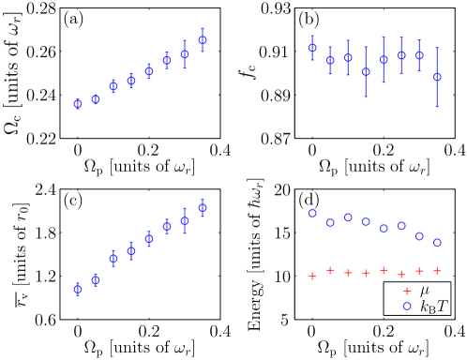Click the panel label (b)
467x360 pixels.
(309, 19)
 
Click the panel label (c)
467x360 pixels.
(73, 200)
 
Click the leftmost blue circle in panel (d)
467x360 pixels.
(312, 214)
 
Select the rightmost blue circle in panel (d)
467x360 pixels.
(437, 243)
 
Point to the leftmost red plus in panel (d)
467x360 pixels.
(312, 276)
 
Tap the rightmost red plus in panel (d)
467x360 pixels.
(437, 271)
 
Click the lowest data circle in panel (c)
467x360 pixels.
(78, 289)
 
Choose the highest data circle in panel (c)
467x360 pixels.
(203, 208)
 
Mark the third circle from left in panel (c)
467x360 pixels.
(113, 259)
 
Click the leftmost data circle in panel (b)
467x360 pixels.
(312, 48)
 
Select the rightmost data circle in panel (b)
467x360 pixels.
(437, 77)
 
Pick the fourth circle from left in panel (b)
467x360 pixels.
(366, 71)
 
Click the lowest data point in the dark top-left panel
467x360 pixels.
(78, 104)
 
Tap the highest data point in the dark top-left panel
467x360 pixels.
(203, 41)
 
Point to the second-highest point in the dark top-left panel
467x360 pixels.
(185, 54)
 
